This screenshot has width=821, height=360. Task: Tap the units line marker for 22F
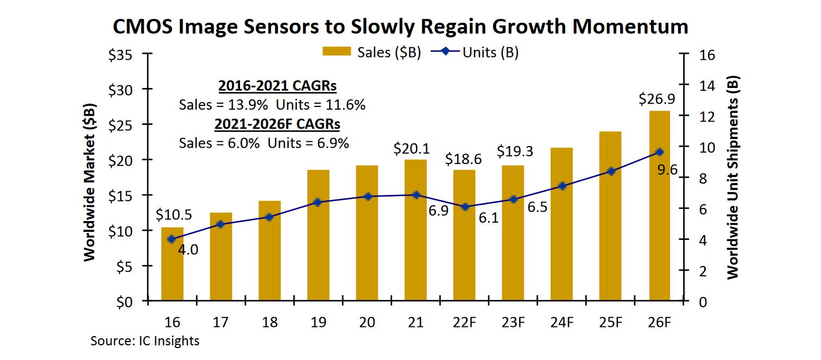464,207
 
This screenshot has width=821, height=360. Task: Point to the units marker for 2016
172,239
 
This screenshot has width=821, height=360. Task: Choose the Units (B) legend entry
475,52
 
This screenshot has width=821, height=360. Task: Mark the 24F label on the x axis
561,323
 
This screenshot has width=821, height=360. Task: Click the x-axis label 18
269,323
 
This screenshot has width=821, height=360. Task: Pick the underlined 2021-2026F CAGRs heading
277,124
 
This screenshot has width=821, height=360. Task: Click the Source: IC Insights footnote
144,341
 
